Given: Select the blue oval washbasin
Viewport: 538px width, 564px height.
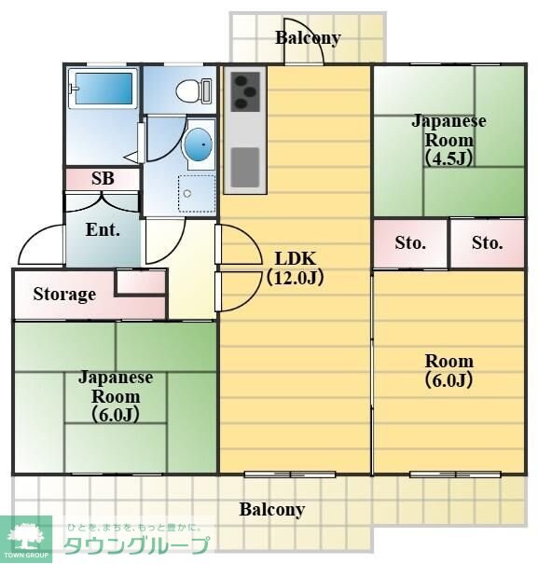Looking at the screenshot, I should (199, 144).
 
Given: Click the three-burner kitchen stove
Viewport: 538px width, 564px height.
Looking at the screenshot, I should (244, 90).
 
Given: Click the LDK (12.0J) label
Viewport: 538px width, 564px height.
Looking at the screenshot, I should (294, 267).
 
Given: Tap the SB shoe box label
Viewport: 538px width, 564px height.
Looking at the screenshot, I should (103, 178).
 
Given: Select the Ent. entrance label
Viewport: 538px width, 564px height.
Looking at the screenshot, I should (102, 229).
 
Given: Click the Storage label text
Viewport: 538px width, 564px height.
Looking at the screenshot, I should (64, 295).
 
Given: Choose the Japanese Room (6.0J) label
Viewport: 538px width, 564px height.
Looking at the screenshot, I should (115, 395).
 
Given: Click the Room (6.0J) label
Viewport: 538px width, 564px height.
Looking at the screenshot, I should (448, 370).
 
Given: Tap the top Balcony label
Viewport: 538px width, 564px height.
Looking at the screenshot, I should (308, 38).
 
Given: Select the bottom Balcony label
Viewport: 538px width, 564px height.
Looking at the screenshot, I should (271, 509).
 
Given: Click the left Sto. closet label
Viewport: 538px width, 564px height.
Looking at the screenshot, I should (409, 243).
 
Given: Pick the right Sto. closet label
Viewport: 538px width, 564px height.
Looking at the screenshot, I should (487, 243).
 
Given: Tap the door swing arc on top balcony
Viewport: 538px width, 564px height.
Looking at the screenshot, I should (305, 54).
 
